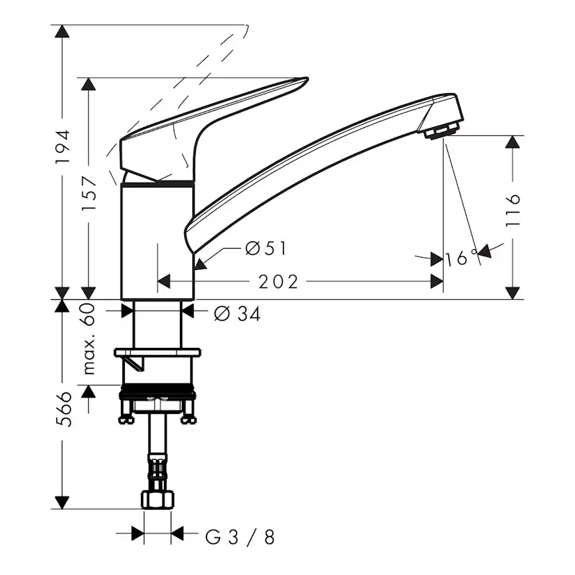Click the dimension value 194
63,146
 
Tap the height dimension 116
513,210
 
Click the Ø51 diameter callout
266,248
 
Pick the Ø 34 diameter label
237,314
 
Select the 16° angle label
462,258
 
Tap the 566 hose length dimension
63,410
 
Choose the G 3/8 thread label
240,536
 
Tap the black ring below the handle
158,183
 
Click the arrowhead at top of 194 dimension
62,31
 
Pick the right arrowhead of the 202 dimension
437,281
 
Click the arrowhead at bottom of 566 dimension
62,502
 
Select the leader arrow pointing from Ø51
201,262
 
